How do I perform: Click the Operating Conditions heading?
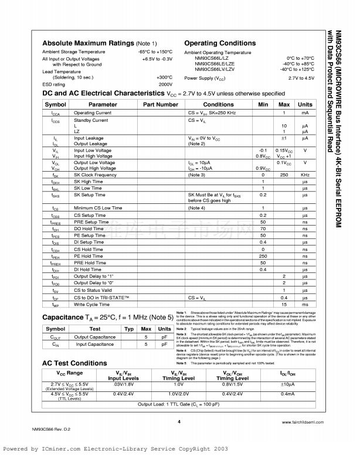(220, 43)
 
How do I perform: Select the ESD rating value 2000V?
(165, 84)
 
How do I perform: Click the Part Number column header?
(160, 104)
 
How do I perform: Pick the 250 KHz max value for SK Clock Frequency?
(284, 175)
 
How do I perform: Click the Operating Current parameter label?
(93, 112)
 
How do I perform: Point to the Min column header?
(263, 104)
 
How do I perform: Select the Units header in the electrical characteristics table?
(305, 104)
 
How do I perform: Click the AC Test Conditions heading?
(75, 363)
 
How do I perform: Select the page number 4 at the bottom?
(179, 421)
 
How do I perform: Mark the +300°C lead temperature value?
(164, 77)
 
